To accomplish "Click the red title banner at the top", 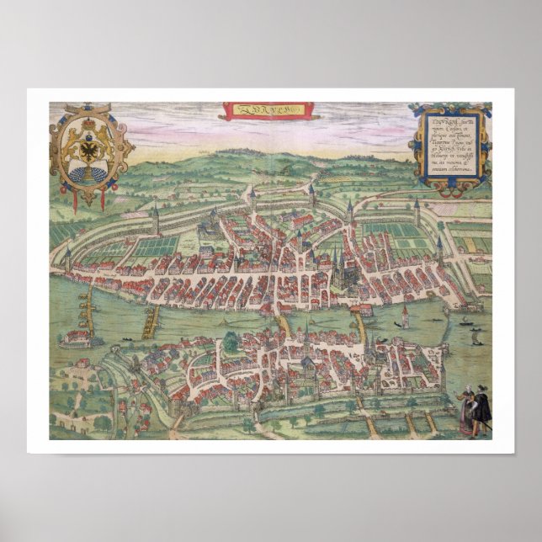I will click(x=268, y=110).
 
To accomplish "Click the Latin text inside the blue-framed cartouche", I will click(x=449, y=145).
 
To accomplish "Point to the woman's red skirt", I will click(x=465, y=422).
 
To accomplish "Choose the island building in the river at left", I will click(x=75, y=339).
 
